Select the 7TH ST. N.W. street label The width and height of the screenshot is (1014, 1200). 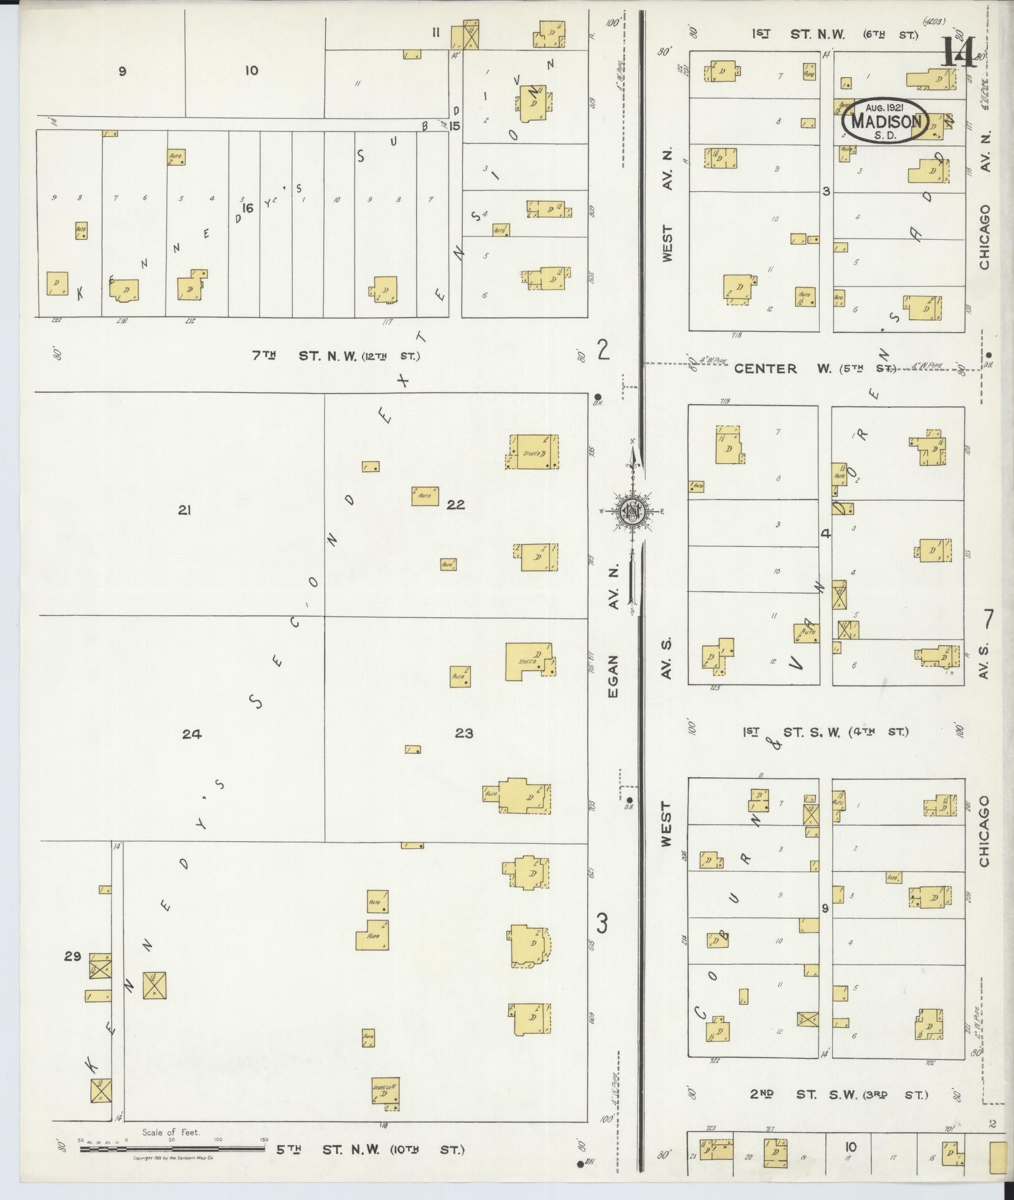click(336, 357)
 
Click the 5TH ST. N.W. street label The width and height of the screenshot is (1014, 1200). click(370, 1150)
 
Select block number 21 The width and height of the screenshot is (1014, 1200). click(184, 511)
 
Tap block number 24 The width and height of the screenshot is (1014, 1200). click(192, 734)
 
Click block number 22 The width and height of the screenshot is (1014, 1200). click(456, 504)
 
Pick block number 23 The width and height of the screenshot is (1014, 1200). click(464, 734)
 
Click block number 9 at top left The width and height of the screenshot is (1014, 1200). click(122, 71)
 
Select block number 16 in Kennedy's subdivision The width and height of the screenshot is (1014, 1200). click(248, 209)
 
